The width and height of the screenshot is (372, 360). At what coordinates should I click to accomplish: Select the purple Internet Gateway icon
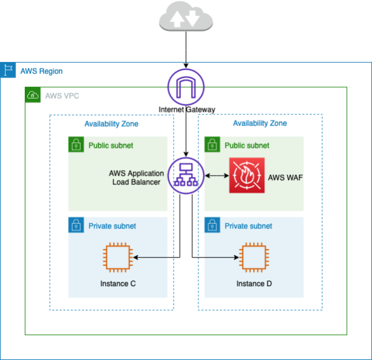(x=186, y=87)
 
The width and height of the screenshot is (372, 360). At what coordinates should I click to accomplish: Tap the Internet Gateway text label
(x=187, y=110)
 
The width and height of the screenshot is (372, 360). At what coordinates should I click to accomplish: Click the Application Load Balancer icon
(x=187, y=176)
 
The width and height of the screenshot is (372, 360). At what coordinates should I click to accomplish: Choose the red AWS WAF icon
(x=246, y=176)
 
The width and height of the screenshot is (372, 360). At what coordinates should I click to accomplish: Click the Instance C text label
(x=118, y=284)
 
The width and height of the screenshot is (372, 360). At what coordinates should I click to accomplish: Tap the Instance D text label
(x=254, y=284)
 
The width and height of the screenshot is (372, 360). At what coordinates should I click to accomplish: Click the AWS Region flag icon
(x=8, y=70)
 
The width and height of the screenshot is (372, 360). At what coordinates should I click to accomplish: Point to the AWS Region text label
(x=42, y=71)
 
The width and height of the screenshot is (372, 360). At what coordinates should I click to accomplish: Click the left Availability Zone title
(x=112, y=124)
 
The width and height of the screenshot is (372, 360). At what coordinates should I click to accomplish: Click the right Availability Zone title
(x=260, y=124)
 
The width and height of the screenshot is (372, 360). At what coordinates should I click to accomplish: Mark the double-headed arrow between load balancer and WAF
(x=216, y=176)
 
